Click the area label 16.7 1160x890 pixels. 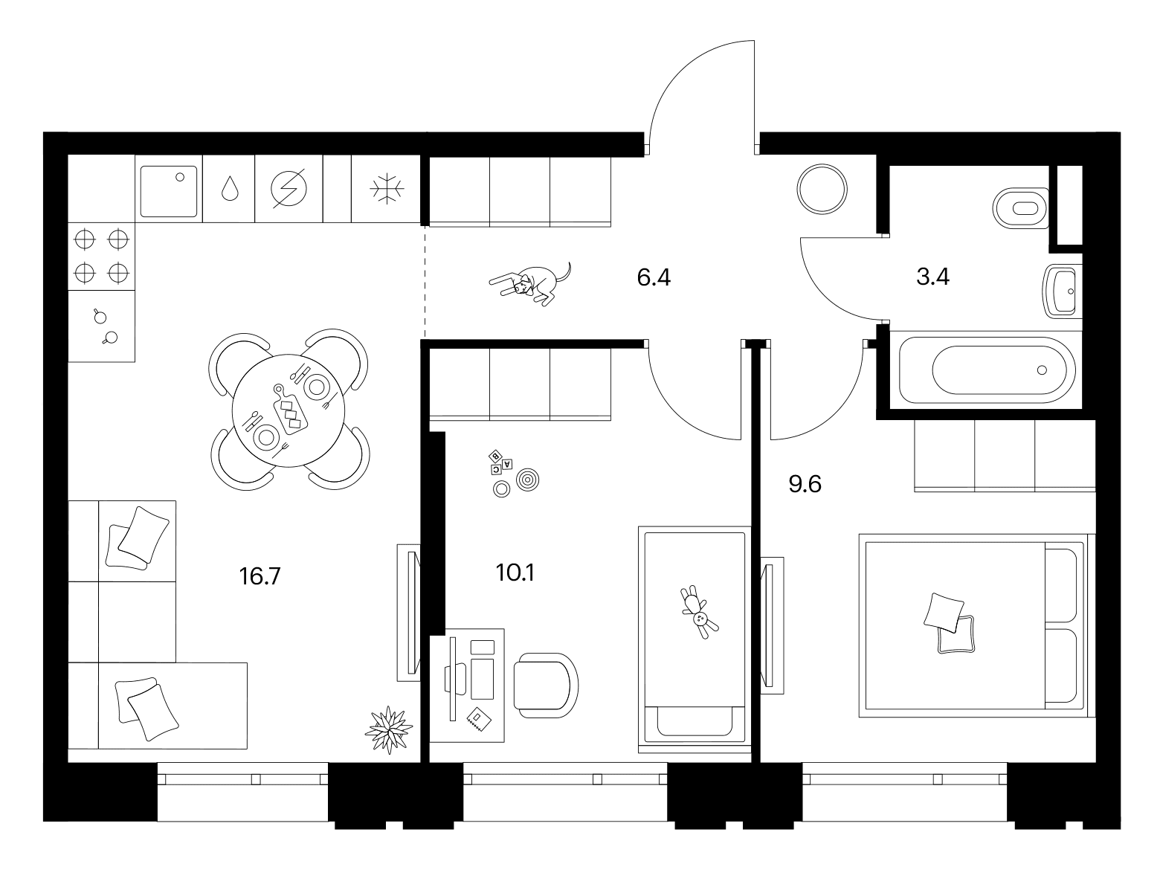260,576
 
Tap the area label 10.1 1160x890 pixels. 515,573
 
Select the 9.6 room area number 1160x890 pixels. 805,484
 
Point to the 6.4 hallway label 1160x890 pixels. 654,277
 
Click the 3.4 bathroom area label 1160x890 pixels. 932,277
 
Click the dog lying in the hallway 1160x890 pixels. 531,284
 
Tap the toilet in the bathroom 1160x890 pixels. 1020,208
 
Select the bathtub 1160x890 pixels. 987,370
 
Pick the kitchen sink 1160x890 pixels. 169,192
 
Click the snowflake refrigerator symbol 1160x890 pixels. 387,189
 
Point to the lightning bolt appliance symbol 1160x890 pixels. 289,188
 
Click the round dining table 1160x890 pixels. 289,410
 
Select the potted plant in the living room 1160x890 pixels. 389,730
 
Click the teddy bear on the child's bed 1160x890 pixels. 699,611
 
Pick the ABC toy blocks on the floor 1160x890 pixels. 500,462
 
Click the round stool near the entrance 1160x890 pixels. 822,189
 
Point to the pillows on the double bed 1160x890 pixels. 949,622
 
